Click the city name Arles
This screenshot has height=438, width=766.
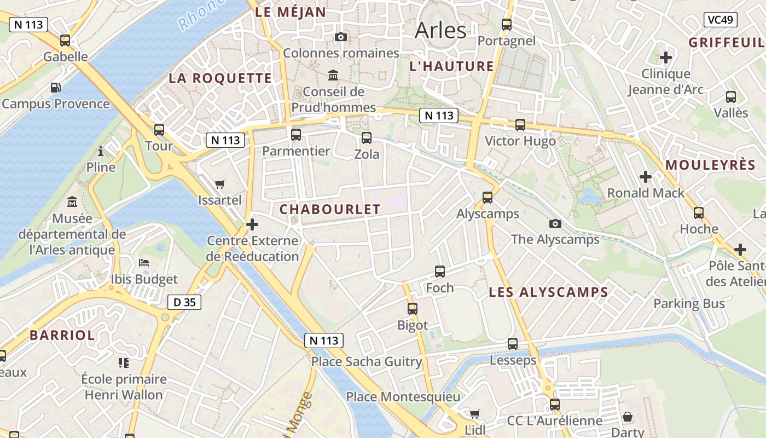click(x=440, y=30)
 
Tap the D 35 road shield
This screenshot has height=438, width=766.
click(x=184, y=302)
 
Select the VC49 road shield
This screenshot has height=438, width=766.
click(x=721, y=20)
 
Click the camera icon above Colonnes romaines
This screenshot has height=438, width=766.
click(x=341, y=37)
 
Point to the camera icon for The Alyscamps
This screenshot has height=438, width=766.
click(x=555, y=223)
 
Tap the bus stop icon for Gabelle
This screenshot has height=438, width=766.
click(x=65, y=40)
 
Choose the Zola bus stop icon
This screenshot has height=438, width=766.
click(x=367, y=138)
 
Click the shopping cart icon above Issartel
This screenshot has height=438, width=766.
click(x=220, y=184)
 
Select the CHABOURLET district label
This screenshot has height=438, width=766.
click(x=330, y=210)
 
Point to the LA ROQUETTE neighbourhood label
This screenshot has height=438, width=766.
click(x=220, y=78)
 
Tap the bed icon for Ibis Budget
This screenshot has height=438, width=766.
click(x=144, y=263)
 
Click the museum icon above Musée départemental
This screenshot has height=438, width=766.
click(x=72, y=202)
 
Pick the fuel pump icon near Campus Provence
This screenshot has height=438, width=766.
click(x=55, y=88)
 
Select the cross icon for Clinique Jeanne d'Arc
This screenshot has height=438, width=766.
click(x=666, y=57)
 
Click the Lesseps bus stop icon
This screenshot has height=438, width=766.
click(x=513, y=344)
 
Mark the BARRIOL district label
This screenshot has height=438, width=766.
click(x=62, y=336)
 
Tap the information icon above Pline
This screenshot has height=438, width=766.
click(x=101, y=151)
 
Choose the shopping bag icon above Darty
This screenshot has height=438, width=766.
click(x=628, y=417)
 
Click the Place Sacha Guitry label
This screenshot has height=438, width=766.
click(x=367, y=362)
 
